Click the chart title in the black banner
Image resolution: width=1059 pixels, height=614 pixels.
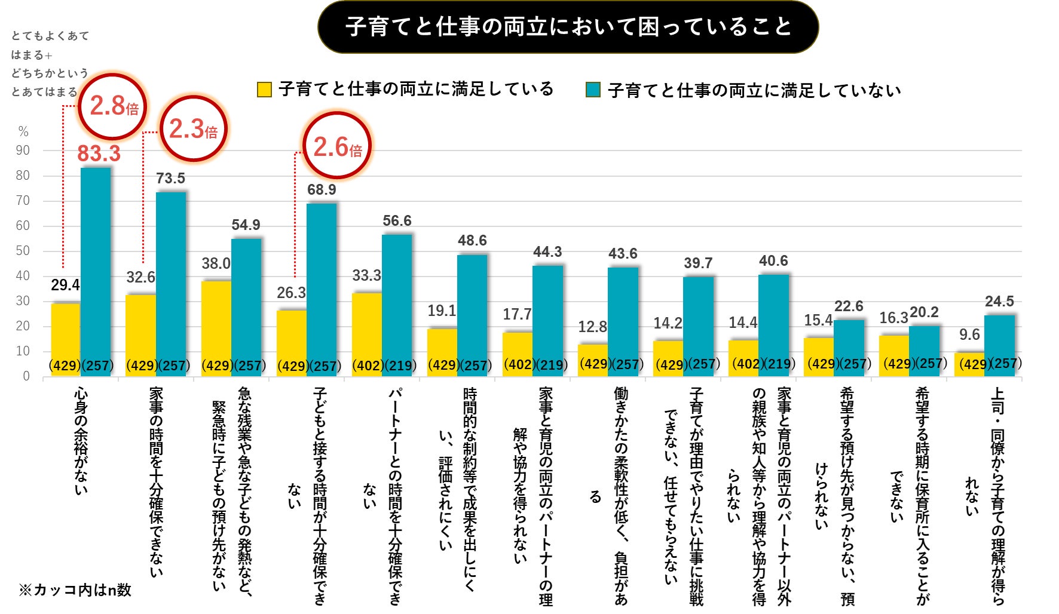click(x=568, y=27)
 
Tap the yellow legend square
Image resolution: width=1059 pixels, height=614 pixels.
click(x=264, y=90)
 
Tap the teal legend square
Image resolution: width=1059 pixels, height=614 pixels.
click(x=593, y=90)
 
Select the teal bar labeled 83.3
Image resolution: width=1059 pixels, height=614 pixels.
click(x=96, y=269)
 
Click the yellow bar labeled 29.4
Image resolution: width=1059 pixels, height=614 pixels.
click(x=65, y=334)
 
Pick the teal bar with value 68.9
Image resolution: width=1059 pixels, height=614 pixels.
click(x=322, y=287)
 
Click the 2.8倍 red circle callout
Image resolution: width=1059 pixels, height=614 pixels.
click(x=113, y=106)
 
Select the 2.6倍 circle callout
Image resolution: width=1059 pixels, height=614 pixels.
click(x=337, y=146)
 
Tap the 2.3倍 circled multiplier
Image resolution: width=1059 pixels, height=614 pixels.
click(x=193, y=128)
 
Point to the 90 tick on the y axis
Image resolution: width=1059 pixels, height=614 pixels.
click(x=23, y=151)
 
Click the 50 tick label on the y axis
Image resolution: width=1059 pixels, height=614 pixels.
click(x=23, y=251)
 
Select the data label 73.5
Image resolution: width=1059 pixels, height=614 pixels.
click(x=170, y=179)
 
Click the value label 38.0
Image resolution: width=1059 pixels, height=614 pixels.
click(x=216, y=263)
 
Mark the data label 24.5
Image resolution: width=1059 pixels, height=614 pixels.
click(x=999, y=302)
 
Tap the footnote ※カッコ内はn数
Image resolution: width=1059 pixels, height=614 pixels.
click(x=75, y=590)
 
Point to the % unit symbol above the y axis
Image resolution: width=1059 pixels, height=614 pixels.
click(x=23, y=131)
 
